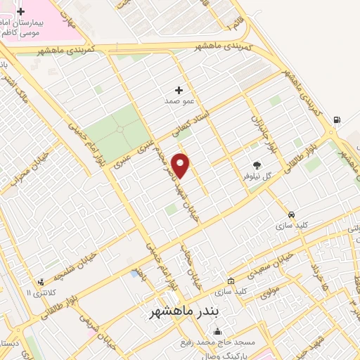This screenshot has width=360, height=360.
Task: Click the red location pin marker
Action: click(181, 165)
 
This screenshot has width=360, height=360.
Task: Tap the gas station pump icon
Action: click(337, 120)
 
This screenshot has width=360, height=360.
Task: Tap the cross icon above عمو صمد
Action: click(179, 90)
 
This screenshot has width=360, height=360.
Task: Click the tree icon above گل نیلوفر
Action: click(257, 165)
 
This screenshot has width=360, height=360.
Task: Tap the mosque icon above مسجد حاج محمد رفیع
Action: click(217, 332)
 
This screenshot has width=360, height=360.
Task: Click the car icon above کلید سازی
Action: click(290, 214)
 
